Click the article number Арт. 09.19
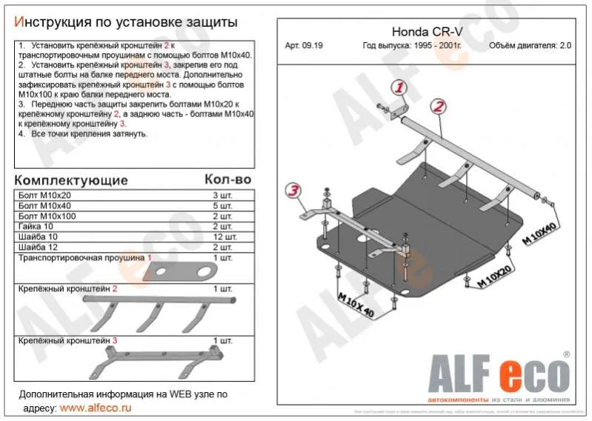pos(304,45)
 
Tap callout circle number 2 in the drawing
pos(438,106)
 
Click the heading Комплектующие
pos(71,180)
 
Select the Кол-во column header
pos(227,180)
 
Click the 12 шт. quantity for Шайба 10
pos(225,236)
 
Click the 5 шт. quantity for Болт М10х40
pos(225,205)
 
